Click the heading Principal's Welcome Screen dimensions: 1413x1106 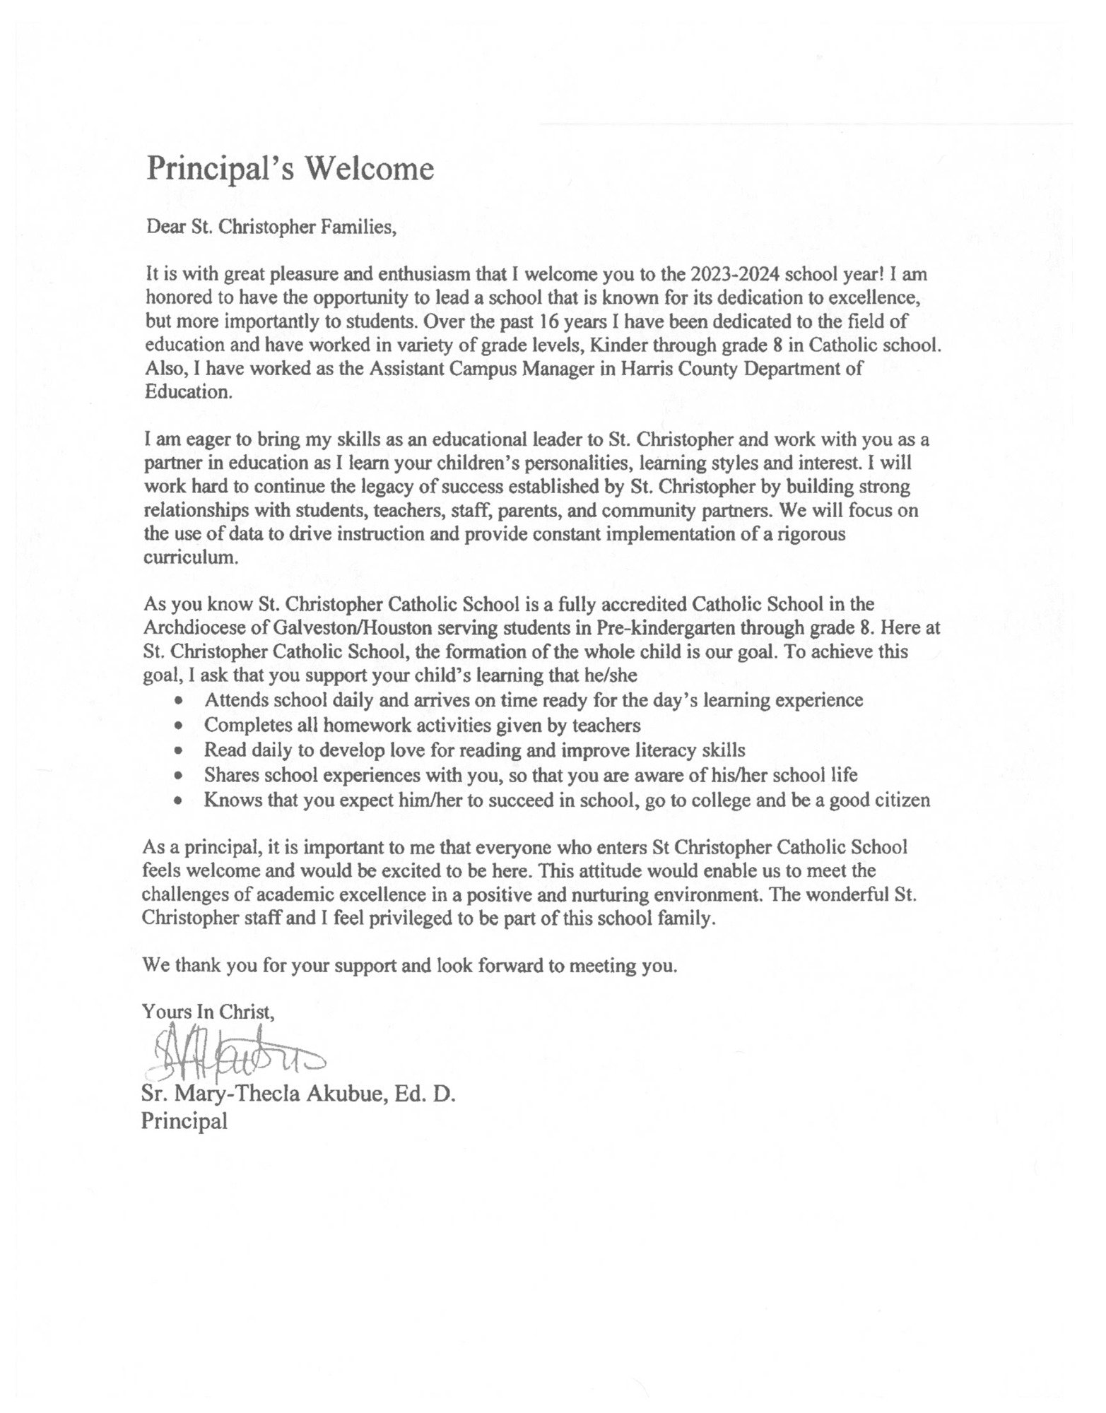point(290,170)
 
